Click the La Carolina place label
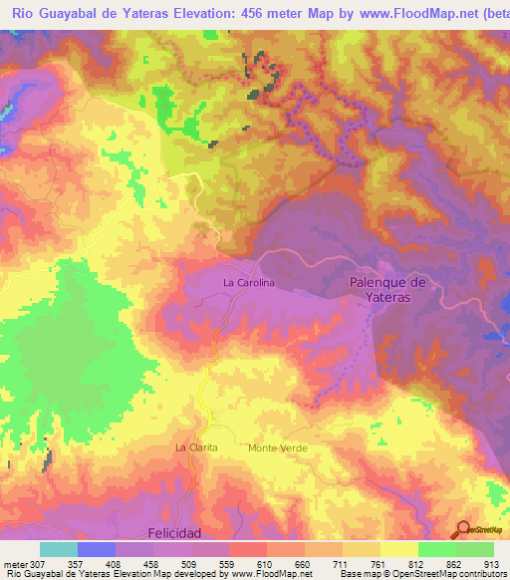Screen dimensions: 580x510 point(248,283)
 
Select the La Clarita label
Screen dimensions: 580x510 point(196,447)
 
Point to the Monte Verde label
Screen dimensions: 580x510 point(278,448)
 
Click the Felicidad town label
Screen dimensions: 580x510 point(174,533)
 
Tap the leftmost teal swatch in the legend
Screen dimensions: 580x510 point(58,549)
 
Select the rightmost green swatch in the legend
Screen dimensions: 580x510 point(474,549)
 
